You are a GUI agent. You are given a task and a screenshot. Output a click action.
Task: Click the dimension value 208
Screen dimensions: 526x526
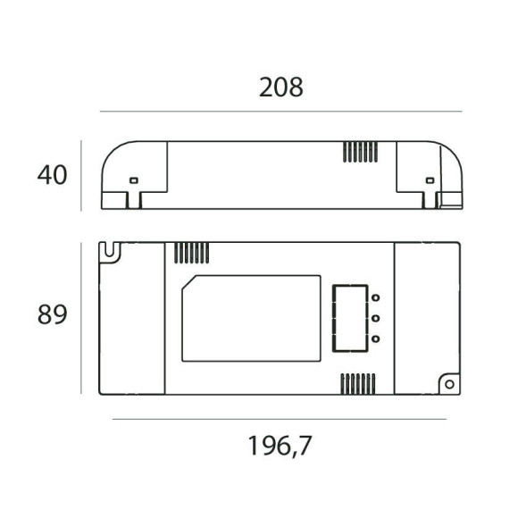pyautogui.click(x=281, y=88)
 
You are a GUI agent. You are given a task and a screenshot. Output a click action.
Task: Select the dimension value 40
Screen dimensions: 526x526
pyautogui.click(x=53, y=175)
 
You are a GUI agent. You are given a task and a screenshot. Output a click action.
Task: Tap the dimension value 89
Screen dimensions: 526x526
pyautogui.click(x=53, y=315)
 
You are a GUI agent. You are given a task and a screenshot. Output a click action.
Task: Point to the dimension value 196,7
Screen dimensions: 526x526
pyautogui.click(x=280, y=445)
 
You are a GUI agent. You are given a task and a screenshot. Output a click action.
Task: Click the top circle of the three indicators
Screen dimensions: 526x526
pyautogui.click(x=376, y=298)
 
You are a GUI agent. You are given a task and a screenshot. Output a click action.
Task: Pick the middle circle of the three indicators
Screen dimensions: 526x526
pyautogui.click(x=376, y=318)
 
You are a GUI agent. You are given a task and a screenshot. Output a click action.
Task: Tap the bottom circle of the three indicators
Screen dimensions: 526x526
pyautogui.click(x=376, y=338)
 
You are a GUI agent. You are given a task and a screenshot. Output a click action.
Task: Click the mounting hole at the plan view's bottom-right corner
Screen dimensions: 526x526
pyautogui.click(x=449, y=384)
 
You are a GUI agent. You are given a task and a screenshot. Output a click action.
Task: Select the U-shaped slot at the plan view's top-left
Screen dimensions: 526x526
pyautogui.click(x=110, y=252)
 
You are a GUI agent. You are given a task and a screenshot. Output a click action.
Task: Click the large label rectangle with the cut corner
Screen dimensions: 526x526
pyautogui.click(x=251, y=318)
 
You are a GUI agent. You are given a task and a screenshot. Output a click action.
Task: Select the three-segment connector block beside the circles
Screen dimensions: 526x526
pyautogui.click(x=349, y=319)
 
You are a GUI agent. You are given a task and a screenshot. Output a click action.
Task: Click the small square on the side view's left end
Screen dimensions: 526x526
pyautogui.click(x=134, y=180)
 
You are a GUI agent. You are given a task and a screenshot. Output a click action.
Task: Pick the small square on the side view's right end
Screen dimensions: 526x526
pyautogui.click(x=430, y=180)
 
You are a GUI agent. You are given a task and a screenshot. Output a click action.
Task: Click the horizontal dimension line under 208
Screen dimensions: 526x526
pyautogui.click(x=280, y=112)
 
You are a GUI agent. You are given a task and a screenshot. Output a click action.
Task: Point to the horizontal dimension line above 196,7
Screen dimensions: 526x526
pyautogui.click(x=280, y=419)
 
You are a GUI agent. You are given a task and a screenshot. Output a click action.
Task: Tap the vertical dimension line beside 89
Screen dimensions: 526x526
pyautogui.click(x=82, y=317)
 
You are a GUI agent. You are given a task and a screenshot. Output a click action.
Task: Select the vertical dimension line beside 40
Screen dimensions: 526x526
pyautogui.click(x=82, y=175)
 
